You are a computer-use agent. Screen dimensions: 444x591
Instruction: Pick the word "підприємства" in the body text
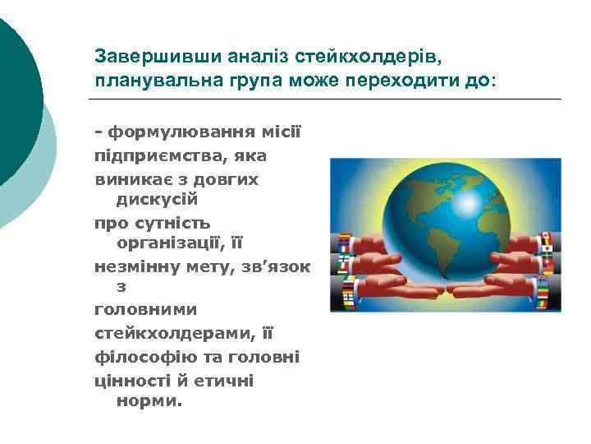coord(150,155)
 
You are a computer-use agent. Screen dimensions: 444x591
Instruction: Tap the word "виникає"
coord(131,178)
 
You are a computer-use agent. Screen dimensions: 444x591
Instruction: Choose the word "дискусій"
coord(157,200)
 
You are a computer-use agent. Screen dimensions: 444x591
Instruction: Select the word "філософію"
coord(140,356)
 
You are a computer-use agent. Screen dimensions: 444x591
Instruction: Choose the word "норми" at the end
coord(149,401)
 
